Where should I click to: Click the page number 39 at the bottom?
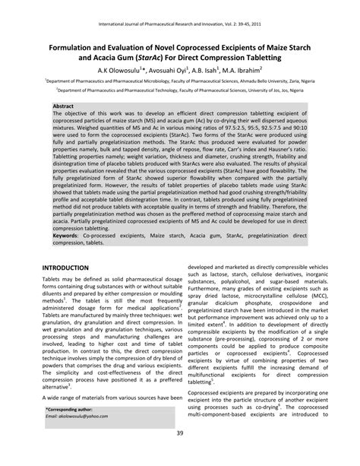pyautogui.click(x=180, y=455)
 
